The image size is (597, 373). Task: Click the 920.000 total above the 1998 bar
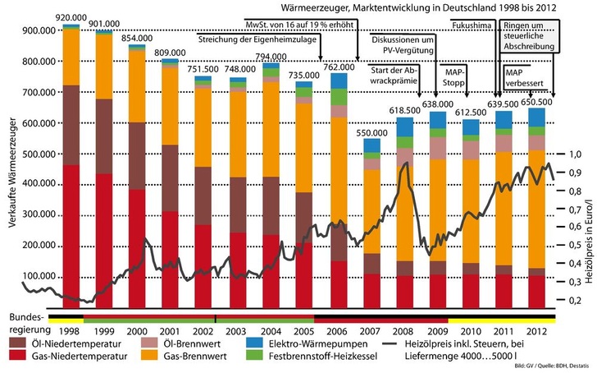[x=72, y=16]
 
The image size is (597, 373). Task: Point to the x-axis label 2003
[x=237, y=306]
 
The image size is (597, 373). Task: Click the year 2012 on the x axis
[x=537, y=306]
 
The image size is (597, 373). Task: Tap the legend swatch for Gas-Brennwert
[x=143, y=352]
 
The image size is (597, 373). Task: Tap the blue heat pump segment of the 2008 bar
[x=405, y=127]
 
